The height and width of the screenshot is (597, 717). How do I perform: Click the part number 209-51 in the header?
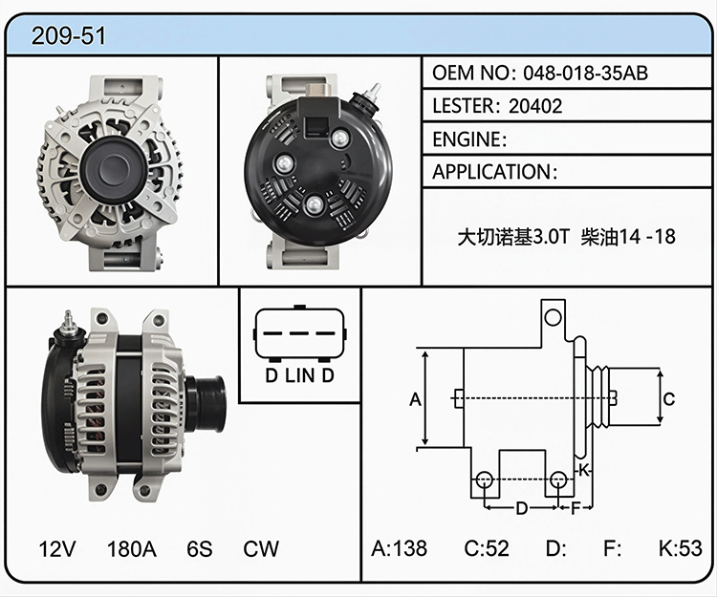(69, 35)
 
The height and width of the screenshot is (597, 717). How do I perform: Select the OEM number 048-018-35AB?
(586, 74)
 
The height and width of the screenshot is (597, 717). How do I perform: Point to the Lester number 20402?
(535, 106)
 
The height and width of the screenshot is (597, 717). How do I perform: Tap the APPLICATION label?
(492, 172)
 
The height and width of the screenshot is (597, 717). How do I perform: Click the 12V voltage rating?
(57, 548)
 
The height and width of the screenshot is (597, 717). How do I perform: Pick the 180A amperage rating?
(132, 548)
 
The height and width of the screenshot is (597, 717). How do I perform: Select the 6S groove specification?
(200, 548)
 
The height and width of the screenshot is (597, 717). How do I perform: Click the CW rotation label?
(261, 548)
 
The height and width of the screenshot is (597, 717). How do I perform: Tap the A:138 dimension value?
(400, 548)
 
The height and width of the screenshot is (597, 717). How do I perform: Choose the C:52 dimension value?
(487, 548)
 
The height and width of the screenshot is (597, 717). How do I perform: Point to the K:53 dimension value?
(681, 548)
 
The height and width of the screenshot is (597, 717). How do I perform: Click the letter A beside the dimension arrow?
(415, 399)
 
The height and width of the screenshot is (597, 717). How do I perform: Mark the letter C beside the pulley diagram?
(669, 398)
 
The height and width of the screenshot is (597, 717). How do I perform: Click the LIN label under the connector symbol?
(300, 375)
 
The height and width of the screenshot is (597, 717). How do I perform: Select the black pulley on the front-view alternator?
(114, 168)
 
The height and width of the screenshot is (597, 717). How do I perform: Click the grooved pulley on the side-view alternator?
(206, 404)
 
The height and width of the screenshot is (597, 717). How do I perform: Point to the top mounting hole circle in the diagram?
(553, 317)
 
